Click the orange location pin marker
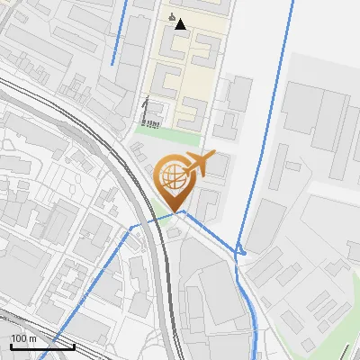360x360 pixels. pos(177,177)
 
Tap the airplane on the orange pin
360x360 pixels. pos(205,165)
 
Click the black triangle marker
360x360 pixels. pos(180,24)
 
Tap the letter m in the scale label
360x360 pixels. pos(33,338)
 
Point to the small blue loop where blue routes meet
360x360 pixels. pos(240,251)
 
